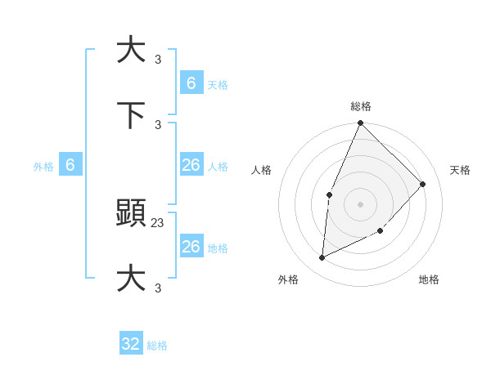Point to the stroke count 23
coord(158,222)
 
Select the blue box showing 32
coord(131,344)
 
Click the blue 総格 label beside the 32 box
coord(158,346)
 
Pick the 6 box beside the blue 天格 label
coord(191,83)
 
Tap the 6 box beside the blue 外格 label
coord(70,165)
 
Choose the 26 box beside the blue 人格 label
coord(191,165)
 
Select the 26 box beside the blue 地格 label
coord(191,246)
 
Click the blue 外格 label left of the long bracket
coord(43,167)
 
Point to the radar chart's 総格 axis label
coord(361,106)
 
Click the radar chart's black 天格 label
coord(460,170)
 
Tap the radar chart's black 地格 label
coord(429,279)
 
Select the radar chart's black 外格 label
coord(288,279)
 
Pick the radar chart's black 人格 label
coord(262,170)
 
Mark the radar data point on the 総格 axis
coord(360,123)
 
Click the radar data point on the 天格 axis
coord(423,184)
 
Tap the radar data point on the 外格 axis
coord(322,258)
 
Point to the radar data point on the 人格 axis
coord(329,194)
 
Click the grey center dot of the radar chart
coord(360,203)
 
